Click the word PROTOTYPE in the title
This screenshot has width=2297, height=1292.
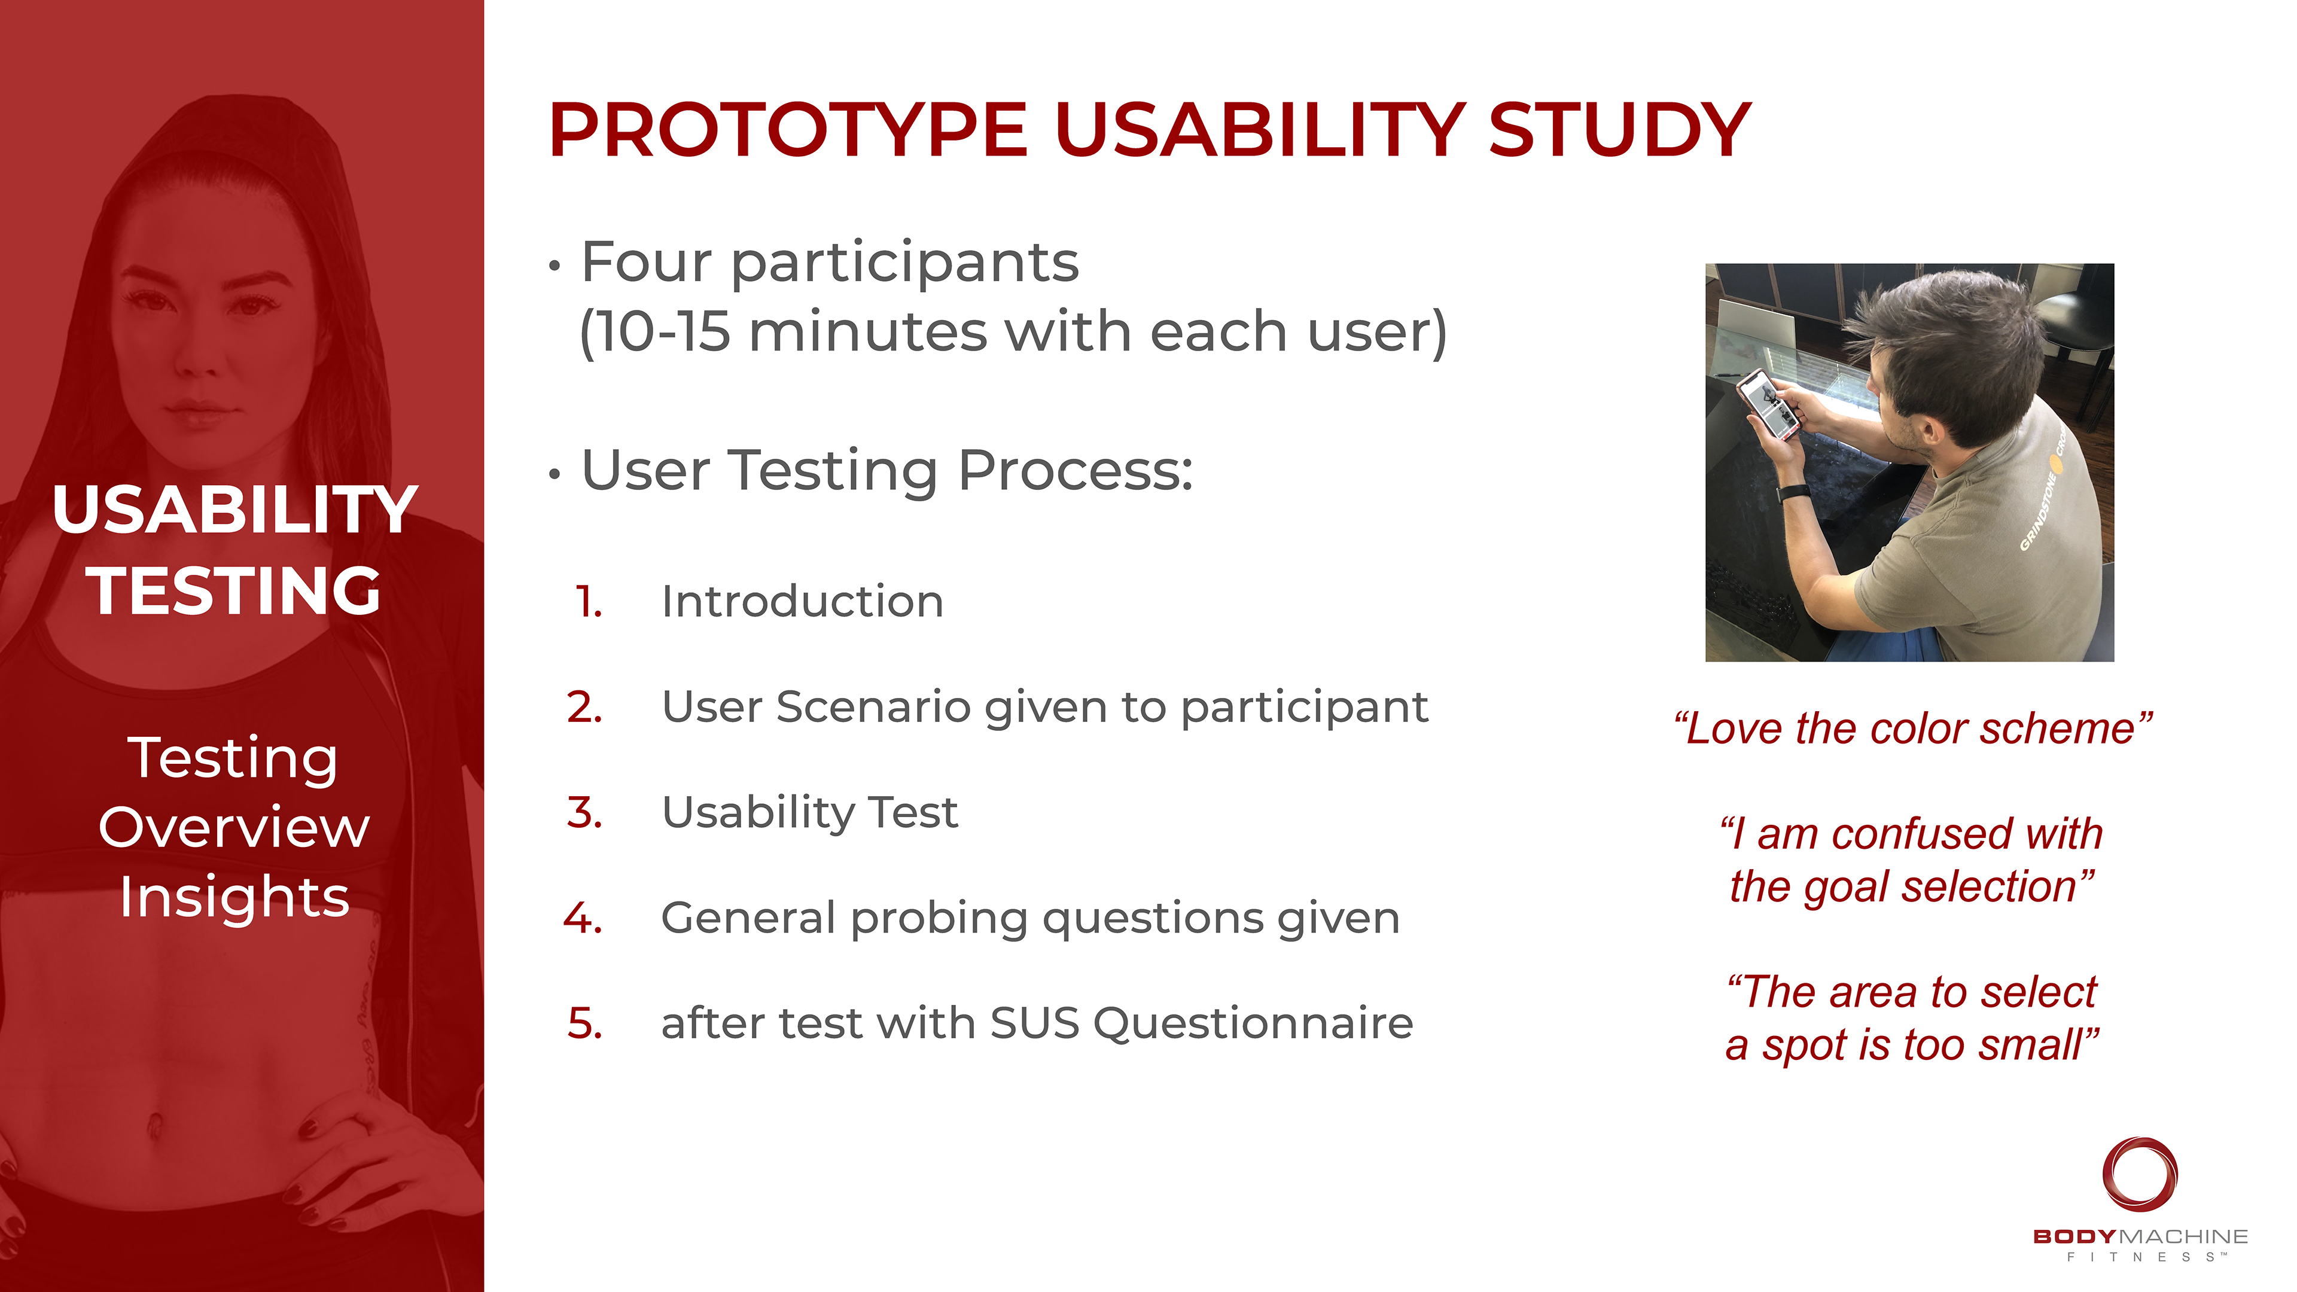coord(788,130)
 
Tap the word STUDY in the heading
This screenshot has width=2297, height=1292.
coord(1619,130)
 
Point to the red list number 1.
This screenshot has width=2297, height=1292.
coord(589,602)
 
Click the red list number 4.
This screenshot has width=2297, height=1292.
coord(583,918)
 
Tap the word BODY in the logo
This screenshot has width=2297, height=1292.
coord(2074,1237)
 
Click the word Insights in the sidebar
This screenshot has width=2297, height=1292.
coord(234,898)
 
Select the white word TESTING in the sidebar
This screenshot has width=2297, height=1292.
coord(234,590)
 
